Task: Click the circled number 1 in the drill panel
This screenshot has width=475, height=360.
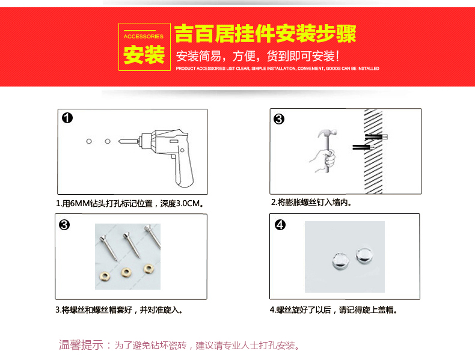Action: point(67,118)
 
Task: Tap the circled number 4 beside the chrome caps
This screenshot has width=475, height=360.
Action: point(280,225)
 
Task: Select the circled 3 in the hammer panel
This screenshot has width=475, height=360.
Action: point(279,119)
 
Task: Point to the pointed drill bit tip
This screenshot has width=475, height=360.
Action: point(119,141)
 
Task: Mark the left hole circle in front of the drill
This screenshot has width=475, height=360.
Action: point(89,141)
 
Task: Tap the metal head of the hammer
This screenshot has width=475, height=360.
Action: point(328,133)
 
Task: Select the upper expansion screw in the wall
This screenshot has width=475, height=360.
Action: point(376,137)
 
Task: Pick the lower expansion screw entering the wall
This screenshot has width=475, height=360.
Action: point(363,147)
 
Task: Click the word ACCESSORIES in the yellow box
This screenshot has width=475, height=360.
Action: point(143,36)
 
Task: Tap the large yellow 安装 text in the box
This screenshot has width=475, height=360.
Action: point(144,55)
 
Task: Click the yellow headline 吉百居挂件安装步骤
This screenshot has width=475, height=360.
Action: point(265,34)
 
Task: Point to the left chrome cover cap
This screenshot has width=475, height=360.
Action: point(341,261)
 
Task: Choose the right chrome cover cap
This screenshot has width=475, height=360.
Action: point(364,256)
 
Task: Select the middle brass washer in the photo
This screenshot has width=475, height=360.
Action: point(126,272)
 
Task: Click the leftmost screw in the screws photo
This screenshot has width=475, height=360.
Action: point(108,248)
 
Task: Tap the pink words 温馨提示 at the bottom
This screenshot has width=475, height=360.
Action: point(81,345)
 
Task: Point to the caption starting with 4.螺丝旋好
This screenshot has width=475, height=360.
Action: point(333,310)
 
